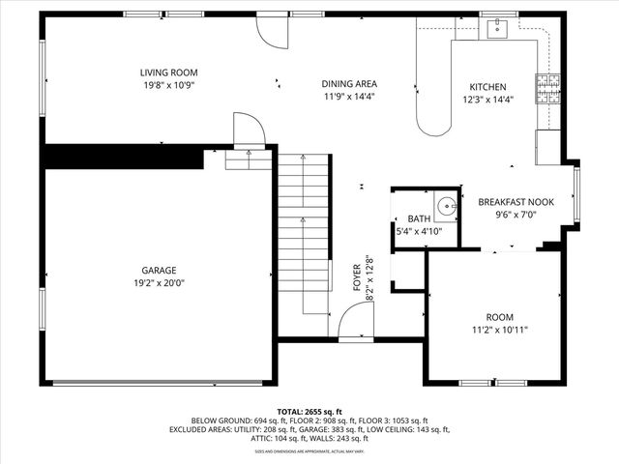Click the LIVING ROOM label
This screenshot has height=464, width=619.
[168, 72]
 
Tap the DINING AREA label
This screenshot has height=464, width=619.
[349, 83]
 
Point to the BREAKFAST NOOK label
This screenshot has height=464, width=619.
[516, 202]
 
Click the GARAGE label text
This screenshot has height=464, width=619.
[159, 271]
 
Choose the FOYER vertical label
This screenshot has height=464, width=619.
[357, 276]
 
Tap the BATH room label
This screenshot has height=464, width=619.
[419, 219]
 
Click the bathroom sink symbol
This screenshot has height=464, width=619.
[446, 205]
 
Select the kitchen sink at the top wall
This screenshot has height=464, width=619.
[497, 29]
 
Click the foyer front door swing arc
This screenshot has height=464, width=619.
[354, 320]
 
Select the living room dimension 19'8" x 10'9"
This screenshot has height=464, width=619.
[168, 85]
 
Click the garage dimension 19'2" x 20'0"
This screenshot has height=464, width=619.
[159, 283]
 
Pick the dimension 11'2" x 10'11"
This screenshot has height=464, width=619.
[499, 330]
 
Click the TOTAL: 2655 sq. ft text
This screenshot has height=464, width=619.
[309, 411]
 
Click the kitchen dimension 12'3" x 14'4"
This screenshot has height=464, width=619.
[487, 99]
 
